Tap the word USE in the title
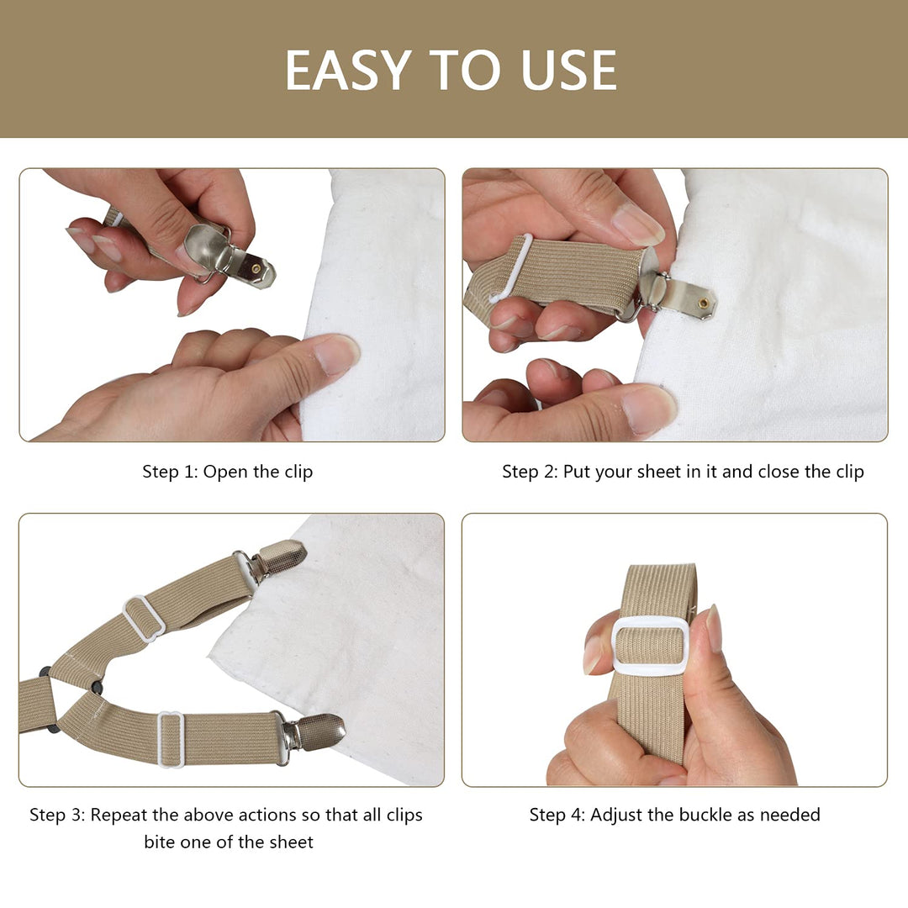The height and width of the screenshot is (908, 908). [568, 70]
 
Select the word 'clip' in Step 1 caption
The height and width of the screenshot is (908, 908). [298, 472]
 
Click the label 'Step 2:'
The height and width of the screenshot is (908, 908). [530, 472]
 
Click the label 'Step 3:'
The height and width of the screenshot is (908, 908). [57, 815]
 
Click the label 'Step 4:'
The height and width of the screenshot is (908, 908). [557, 815]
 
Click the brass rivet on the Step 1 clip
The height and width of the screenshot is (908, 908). [256, 269]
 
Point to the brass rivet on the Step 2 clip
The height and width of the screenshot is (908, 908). [703, 303]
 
